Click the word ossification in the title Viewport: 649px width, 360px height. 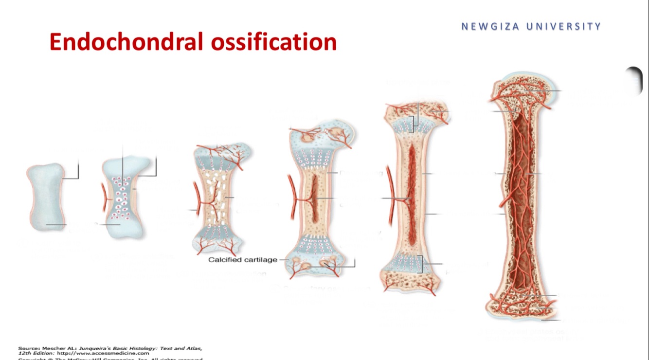[x=274, y=42]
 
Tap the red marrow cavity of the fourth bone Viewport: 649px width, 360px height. [x=315, y=197]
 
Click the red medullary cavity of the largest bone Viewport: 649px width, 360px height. [x=521, y=195]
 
